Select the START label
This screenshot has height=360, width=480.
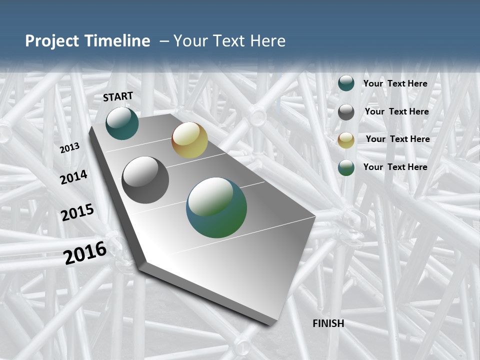tap(118, 96)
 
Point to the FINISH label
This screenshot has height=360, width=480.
tap(328, 323)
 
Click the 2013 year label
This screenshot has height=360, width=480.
tap(70, 148)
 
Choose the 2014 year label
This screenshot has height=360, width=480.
tap(74, 177)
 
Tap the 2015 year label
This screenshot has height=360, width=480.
tap(77, 212)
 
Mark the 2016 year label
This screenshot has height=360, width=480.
tap(85, 253)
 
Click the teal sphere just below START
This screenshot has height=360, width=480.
tap(122, 123)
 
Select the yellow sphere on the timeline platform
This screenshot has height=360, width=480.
tap(189, 140)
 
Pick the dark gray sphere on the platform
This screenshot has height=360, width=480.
tap(145, 180)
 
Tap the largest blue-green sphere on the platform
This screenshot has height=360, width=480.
tap(216, 207)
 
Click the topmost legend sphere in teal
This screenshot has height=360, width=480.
tap(346, 83)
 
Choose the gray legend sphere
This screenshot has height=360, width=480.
tap(346, 112)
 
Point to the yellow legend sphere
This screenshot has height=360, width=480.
tap(346, 140)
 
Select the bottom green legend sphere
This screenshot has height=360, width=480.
tap(346, 167)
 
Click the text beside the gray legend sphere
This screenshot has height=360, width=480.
tap(396, 111)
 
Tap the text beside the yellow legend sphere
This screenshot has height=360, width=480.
tap(397, 139)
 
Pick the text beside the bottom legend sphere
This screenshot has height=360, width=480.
tap(395, 167)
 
